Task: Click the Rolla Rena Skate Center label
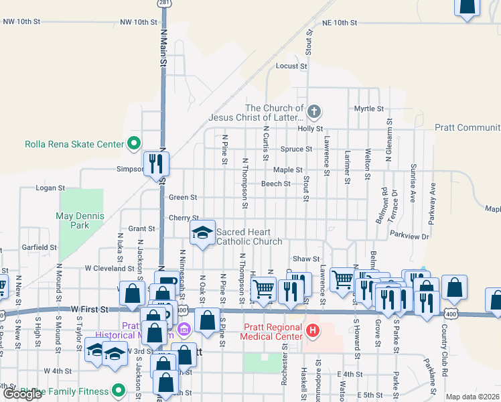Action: point(74,144)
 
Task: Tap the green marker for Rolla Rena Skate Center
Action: point(134,143)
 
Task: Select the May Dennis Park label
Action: point(72,220)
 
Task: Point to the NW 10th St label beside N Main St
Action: point(135,22)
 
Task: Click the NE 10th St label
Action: point(340,22)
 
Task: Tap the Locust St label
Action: point(291,66)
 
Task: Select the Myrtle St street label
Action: point(369,109)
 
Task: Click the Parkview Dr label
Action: point(409,234)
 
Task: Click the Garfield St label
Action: point(39,247)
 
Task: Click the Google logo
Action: point(23,394)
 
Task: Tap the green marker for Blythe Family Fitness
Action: point(119,389)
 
